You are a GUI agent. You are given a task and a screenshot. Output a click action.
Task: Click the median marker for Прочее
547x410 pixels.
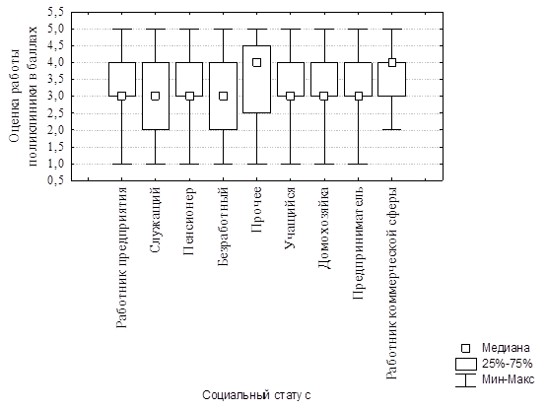(257, 62)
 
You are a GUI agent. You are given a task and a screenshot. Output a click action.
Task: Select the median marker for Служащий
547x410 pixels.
(156, 96)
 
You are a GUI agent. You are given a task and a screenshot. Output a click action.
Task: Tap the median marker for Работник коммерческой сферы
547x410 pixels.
(392, 62)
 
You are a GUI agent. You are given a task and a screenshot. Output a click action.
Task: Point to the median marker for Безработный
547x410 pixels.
(224, 96)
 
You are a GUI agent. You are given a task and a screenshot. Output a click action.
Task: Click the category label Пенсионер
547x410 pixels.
(188, 221)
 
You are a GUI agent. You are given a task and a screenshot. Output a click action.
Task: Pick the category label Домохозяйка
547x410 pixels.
(324, 229)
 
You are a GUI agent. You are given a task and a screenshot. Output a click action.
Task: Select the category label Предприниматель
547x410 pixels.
(359, 243)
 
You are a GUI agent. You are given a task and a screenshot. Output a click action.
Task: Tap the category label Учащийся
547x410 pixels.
(290, 218)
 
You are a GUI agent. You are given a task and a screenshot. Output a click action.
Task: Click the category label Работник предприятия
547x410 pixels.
(121, 258)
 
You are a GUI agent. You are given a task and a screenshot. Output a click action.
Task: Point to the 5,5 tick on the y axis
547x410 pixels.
(71, 12)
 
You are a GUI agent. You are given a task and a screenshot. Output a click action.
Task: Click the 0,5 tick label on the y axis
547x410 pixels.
(56, 180)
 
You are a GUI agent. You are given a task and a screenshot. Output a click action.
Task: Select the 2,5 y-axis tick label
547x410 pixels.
(56, 113)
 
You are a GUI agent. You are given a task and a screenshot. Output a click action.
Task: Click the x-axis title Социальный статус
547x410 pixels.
(256, 395)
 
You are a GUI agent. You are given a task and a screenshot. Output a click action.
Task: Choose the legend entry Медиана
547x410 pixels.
(506, 348)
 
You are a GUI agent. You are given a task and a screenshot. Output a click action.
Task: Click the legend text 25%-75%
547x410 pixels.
(508, 364)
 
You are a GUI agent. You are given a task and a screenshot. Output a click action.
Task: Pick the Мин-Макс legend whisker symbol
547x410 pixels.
(466, 380)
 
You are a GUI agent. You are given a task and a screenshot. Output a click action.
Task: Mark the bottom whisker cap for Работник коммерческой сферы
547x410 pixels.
(392, 130)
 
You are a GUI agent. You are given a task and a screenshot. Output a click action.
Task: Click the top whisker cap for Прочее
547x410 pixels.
(257, 29)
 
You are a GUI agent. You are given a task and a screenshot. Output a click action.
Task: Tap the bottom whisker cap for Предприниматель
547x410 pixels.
(359, 164)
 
